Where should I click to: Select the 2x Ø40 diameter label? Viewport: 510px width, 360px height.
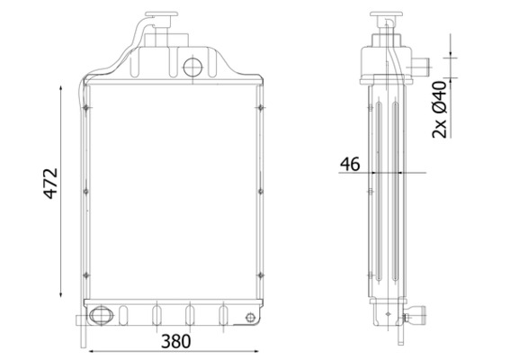[x=440, y=109]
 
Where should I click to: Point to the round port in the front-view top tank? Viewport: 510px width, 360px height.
[x=192, y=66]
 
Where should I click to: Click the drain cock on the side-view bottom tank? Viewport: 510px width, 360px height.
[x=416, y=316]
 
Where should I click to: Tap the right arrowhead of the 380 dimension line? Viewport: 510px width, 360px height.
[x=260, y=349]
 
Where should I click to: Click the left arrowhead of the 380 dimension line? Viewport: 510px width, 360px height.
[x=88, y=349]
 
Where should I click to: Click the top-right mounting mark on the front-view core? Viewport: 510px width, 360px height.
[x=259, y=109]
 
